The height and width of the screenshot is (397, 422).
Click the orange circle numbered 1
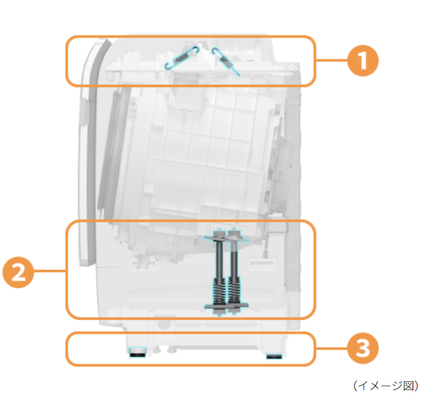pos(363,61)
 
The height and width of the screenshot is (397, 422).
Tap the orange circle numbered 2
pos(18,272)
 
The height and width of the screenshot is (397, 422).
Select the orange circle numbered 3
pos(363,348)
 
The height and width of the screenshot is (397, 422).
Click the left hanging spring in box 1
pos(182,58)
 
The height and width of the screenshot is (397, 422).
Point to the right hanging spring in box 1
pos(225,61)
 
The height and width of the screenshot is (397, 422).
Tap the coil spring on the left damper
pos(220,291)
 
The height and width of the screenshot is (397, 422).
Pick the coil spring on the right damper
pos(234,291)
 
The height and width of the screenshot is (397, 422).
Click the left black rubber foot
pos(137,352)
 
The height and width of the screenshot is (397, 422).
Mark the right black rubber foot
pos(274,357)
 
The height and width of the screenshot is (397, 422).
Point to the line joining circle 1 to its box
pos(332,60)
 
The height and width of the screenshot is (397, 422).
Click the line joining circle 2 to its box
pos(50,271)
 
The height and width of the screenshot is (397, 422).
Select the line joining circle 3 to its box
pos(332,348)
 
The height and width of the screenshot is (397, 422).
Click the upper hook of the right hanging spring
pos(214,50)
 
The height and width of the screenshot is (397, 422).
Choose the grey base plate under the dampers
pos(226,306)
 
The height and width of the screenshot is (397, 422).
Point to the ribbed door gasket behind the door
pos(110,150)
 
